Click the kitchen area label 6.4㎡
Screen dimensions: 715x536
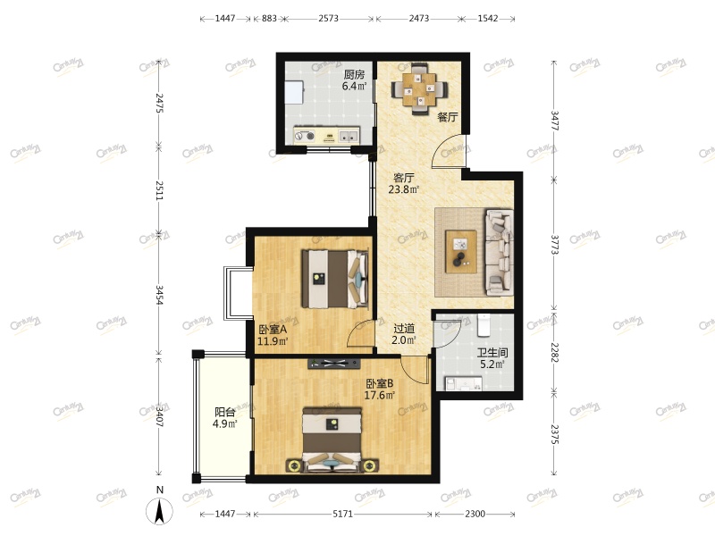point(354,86)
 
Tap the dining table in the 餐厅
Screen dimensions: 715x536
point(420,88)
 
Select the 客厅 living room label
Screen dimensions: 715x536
point(404,177)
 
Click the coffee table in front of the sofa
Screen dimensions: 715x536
point(461,252)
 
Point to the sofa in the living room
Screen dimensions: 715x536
point(500,252)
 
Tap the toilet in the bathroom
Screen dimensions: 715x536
point(484,324)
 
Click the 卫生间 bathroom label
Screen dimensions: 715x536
point(492,353)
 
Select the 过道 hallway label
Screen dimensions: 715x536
point(404,328)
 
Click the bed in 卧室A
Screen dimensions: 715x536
point(334,279)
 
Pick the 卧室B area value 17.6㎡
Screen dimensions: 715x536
point(379,395)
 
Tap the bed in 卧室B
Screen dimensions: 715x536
point(332,439)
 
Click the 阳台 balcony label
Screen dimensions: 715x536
point(225,413)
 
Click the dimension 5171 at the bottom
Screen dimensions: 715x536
point(342,515)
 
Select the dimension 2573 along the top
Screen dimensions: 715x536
point(328,18)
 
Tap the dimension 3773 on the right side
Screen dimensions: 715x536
point(554,245)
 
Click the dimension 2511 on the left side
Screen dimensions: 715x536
point(159,190)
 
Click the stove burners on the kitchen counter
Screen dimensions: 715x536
point(305,136)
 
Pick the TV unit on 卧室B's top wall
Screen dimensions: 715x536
point(334,364)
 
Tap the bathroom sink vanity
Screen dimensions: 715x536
point(463,384)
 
